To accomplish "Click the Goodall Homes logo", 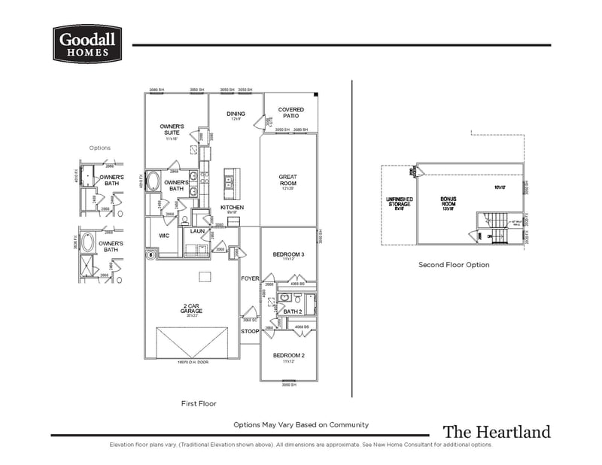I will click(85, 44).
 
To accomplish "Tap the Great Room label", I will click(287, 180).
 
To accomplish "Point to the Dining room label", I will click(236, 114).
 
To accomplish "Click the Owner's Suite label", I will click(172, 129).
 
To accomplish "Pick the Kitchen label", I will click(232, 207).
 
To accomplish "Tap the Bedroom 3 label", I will click(288, 255).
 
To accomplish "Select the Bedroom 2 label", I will click(287, 355).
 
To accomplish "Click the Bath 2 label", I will click(292, 312).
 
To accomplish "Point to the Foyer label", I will click(250, 278).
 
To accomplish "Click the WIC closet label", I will click(164, 236).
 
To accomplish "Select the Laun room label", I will click(197, 231).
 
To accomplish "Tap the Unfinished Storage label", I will click(399, 202).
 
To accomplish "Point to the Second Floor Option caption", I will click(454, 265).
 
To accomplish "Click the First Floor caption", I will click(199, 404).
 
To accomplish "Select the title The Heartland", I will click(496, 432).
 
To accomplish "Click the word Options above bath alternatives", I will click(99, 148).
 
